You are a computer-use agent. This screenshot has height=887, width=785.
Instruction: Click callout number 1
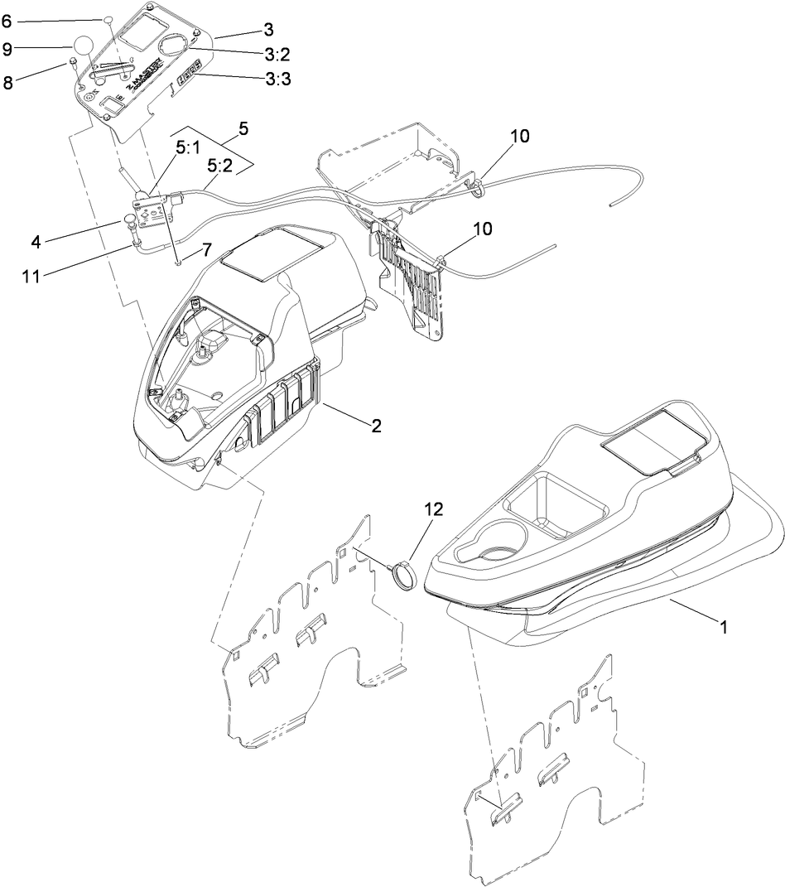[x=723, y=628]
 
